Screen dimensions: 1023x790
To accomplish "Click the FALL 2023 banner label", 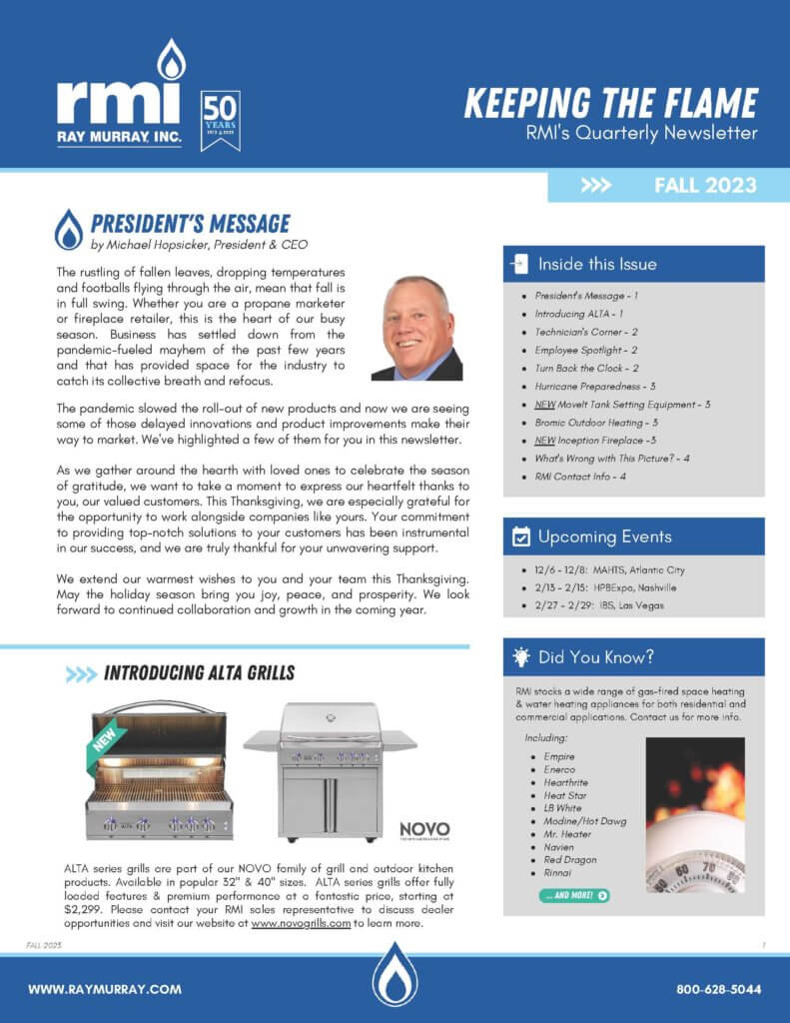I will click(705, 186).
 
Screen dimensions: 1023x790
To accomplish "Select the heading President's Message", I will click(190, 224).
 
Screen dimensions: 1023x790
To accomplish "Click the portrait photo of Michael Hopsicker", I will click(416, 328).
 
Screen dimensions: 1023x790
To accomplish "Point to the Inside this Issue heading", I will click(597, 265).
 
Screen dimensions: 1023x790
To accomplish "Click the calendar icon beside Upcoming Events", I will click(520, 536).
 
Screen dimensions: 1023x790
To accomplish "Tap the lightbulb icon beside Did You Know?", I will click(520, 657).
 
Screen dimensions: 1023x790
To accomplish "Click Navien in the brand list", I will click(560, 846).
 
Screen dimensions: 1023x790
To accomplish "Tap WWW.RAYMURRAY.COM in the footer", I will click(105, 989).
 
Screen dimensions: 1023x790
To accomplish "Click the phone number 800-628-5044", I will click(718, 989).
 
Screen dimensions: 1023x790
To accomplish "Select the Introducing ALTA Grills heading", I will click(199, 673).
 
